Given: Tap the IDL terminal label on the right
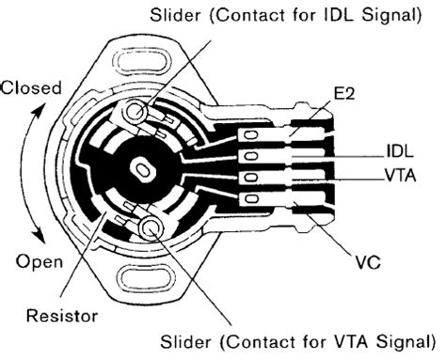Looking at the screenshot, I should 398,150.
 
